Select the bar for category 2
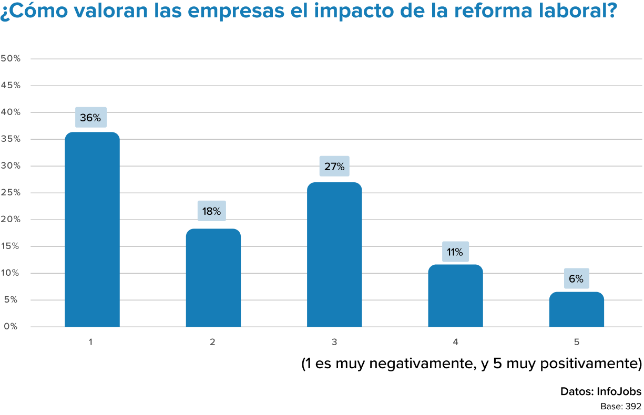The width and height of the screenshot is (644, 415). (x=213, y=278)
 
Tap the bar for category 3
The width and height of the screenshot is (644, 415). (x=334, y=255)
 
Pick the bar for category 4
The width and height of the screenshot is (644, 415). (x=455, y=296)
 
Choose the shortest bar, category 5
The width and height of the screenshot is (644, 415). (x=576, y=309)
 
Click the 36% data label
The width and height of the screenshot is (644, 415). (x=90, y=118)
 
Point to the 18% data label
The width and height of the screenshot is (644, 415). (x=211, y=211)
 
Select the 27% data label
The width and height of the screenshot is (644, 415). (x=334, y=167)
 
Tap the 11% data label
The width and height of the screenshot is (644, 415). (x=455, y=252)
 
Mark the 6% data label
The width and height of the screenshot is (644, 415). (x=576, y=279)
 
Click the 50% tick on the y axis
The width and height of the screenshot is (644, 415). (x=11, y=58)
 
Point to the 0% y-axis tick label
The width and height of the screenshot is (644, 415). (x=11, y=326)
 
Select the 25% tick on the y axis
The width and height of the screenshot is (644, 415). (x=11, y=192)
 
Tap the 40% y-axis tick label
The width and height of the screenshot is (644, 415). (x=11, y=112)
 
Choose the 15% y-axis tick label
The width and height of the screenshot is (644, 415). (x=11, y=246)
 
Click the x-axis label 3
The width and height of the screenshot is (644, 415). (x=334, y=342)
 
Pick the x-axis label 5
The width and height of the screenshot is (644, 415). (x=576, y=342)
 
